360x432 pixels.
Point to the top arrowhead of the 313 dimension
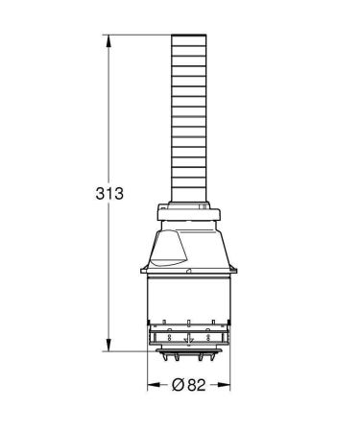point(107,39)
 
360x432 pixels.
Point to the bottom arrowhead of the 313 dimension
point(107,347)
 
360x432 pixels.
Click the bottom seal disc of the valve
point(190,351)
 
